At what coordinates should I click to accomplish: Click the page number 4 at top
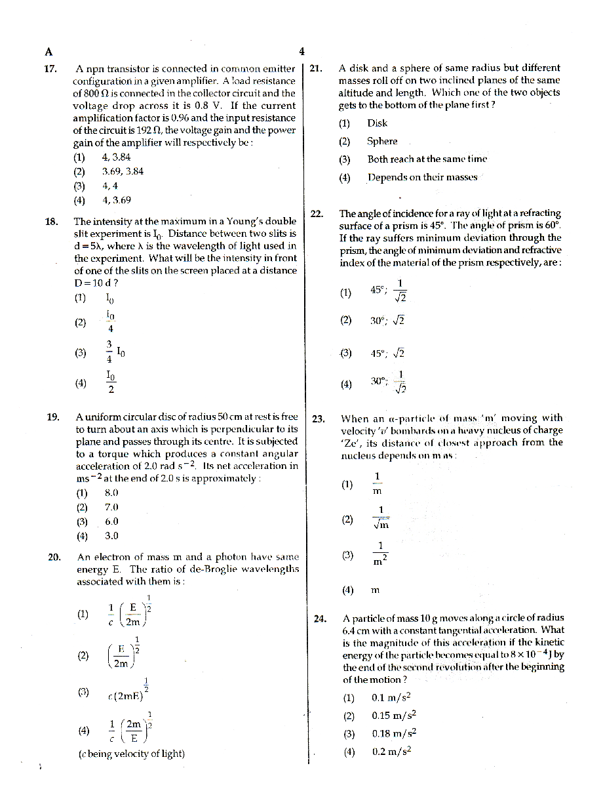click(301, 52)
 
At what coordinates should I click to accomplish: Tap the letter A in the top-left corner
click(49, 52)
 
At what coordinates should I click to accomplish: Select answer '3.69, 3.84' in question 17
click(123, 171)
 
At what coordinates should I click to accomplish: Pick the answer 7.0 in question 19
click(111, 507)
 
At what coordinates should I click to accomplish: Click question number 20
click(54, 558)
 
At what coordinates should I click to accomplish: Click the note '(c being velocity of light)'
click(131, 754)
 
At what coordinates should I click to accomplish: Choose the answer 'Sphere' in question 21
click(382, 141)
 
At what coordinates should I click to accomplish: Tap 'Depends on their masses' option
click(422, 177)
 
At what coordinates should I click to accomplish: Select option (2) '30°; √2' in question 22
click(387, 321)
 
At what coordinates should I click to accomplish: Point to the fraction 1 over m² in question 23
click(379, 554)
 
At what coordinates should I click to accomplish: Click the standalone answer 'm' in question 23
click(375, 590)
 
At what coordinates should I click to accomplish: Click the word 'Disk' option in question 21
click(377, 123)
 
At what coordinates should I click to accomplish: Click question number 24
click(320, 619)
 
